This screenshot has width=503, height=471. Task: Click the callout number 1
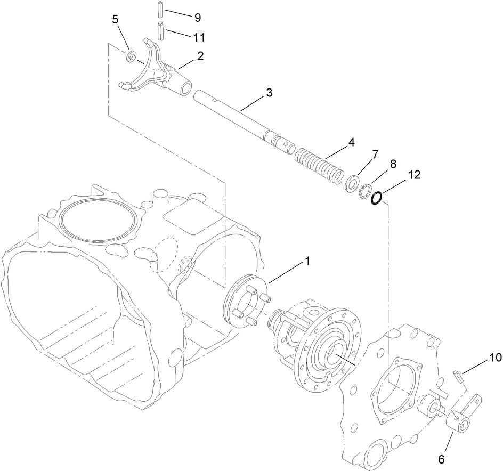click(x=307, y=262)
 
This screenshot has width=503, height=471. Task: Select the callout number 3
click(x=270, y=93)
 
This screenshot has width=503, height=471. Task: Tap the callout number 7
click(x=375, y=155)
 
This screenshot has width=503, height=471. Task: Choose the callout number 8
click(x=393, y=165)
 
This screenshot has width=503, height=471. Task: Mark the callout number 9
click(x=197, y=18)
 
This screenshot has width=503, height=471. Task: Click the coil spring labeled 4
click(x=318, y=166)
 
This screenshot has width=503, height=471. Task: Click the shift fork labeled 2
click(x=152, y=72)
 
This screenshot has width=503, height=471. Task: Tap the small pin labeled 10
click(x=457, y=376)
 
